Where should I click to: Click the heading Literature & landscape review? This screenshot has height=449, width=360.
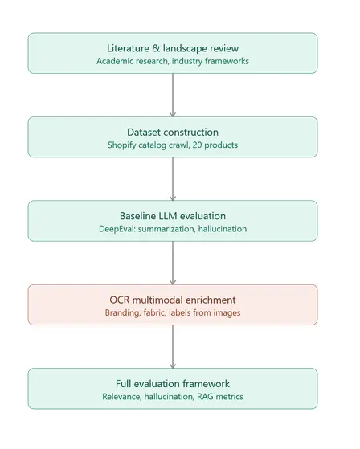[173, 48]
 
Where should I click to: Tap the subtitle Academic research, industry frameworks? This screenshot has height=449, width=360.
[173, 61]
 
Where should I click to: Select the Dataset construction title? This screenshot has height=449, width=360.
[173, 132]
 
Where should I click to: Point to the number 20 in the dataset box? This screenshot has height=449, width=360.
[197, 145]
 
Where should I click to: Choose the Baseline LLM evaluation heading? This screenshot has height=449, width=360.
[173, 216]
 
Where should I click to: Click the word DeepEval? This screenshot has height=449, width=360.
[117, 229]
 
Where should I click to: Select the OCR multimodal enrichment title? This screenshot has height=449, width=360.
[173, 300]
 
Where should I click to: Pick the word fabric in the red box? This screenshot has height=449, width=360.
[154, 312]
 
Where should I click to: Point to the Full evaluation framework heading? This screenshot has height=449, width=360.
[173, 384]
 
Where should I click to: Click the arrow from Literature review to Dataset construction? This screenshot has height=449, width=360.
[173, 96]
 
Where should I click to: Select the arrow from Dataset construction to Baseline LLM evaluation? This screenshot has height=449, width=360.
[173, 179]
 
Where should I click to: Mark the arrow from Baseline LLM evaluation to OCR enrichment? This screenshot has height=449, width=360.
[173, 263]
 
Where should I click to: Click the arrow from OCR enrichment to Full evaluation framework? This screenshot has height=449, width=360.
[173, 346]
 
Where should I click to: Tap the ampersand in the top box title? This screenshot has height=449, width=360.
[156, 48]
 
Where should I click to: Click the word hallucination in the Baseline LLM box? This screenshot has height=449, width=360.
[223, 229]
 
